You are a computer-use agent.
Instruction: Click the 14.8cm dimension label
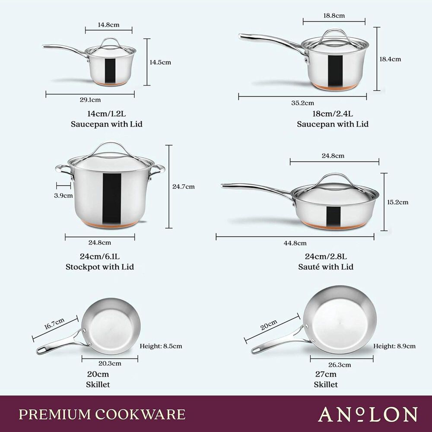click(108, 25)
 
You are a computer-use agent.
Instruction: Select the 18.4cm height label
click(390, 59)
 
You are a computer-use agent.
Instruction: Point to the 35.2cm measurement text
click(302, 103)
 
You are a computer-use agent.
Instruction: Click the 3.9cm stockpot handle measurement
click(64, 195)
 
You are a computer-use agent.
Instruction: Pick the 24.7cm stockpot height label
click(183, 187)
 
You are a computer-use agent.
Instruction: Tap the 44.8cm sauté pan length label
click(295, 243)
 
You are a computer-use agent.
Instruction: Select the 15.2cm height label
click(397, 202)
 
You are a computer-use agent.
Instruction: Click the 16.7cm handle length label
click(54, 324)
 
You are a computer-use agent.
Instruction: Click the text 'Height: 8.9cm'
click(394, 346)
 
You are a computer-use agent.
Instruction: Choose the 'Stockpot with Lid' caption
click(100, 267)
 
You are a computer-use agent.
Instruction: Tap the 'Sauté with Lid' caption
click(326, 267)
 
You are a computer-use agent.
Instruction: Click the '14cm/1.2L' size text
click(106, 114)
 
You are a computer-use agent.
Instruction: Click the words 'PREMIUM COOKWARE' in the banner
click(102, 414)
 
